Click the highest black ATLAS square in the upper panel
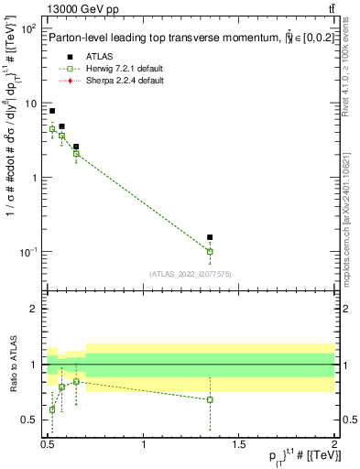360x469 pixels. coord(52,111)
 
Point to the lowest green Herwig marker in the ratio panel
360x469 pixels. coord(52,409)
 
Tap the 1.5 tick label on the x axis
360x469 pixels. coord(239,443)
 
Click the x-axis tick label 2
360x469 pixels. coord(333,443)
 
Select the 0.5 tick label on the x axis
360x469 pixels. coord(49,443)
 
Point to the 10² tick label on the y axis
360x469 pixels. coord(27,29)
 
